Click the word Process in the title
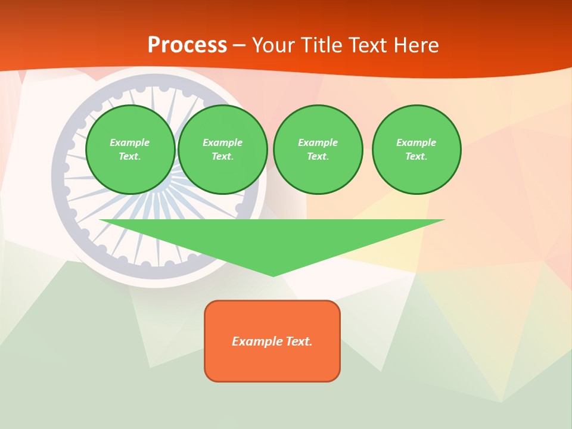pyautogui.click(x=187, y=45)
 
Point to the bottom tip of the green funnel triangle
pyautogui.click(x=273, y=275)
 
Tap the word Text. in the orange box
pyautogui.click(x=299, y=341)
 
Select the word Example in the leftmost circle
pyautogui.click(x=130, y=143)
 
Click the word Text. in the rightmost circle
pyautogui.click(x=416, y=157)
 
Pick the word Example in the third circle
pyautogui.click(x=318, y=143)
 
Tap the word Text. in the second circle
pyautogui.click(x=223, y=157)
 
